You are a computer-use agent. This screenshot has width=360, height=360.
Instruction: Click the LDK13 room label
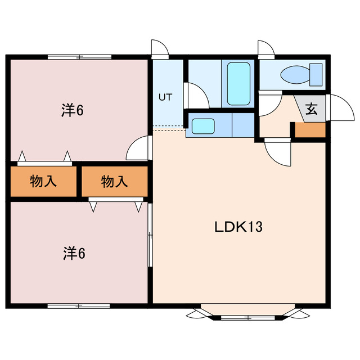tap(238, 227)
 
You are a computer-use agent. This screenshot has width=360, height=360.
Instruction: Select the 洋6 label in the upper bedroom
tap(73, 110)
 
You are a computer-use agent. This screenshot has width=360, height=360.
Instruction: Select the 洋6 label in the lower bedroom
tap(74, 254)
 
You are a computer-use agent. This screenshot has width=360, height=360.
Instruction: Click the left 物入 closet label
tap(43, 181)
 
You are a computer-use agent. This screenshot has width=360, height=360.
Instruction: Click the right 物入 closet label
tap(115, 181)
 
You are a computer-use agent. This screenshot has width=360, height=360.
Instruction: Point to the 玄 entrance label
tap(310, 109)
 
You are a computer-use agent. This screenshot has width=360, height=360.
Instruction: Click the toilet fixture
tap(301, 75)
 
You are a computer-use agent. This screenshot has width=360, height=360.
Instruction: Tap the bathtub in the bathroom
tap(238, 83)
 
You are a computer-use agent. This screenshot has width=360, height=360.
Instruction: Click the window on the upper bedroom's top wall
tap(79, 56)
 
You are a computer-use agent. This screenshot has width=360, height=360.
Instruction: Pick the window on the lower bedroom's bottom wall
tap(79, 305)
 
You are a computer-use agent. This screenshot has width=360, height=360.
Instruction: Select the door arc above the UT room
tap(160, 48)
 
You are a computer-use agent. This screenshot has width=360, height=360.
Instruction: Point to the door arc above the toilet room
tap(265, 48)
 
